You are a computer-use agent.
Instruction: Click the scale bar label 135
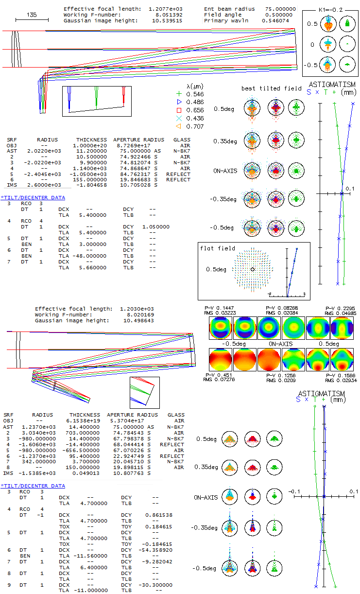[32, 15]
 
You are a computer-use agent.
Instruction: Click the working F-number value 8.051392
[169, 15]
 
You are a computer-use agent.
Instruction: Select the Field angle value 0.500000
[278, 15]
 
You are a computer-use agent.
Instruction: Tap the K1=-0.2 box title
[330, 10]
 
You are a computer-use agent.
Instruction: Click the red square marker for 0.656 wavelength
[179, 110]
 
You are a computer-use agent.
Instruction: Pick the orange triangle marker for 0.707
[179, 126]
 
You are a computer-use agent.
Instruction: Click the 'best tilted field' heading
[271, 88]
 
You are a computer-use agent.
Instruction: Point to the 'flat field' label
[217, 248]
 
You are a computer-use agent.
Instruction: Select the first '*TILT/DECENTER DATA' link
[33, 197]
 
